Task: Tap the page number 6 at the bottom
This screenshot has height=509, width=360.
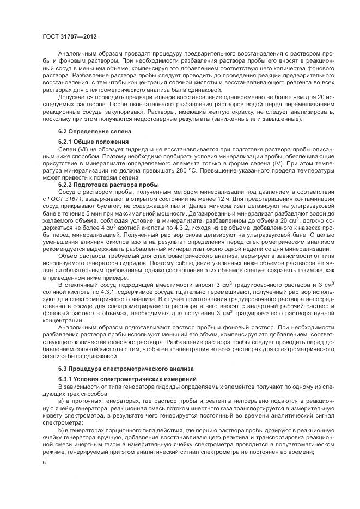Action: tap(43, 462)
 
